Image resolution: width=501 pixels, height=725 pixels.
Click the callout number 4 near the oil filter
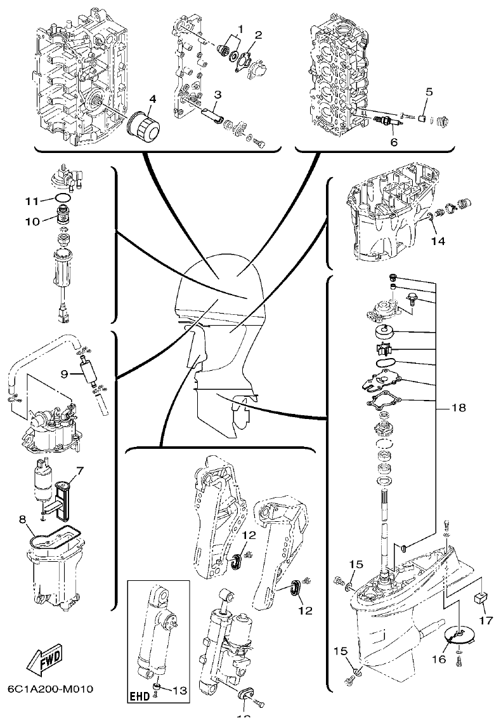point(152,99)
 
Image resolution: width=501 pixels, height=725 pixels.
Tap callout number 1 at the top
point(241,28)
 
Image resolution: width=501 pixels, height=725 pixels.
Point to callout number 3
point(216,95)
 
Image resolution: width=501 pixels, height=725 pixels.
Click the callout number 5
point(429,91)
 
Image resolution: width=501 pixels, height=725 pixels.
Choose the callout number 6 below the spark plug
point(394,143)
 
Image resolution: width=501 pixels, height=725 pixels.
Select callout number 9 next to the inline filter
point(64,374)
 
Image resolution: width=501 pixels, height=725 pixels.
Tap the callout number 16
point(439,659)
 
